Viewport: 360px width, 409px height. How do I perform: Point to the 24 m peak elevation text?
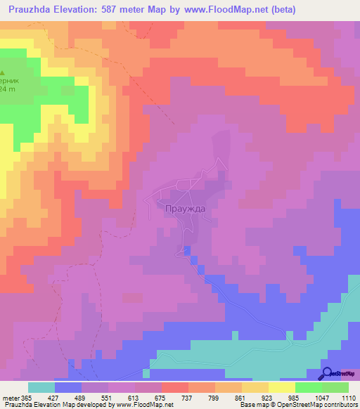click(7, 89)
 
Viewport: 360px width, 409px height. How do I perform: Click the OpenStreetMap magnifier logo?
click(328, 374)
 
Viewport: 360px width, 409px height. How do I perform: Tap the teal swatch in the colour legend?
click(41, 387)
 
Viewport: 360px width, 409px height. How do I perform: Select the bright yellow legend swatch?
click(281, 387)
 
